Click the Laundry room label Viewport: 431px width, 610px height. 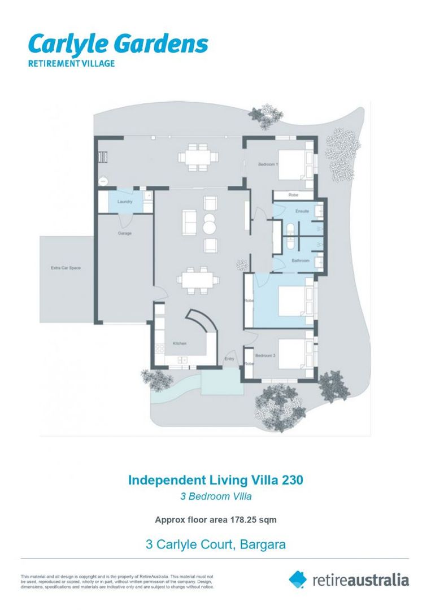click(x=124, y=202)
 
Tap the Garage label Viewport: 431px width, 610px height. click(x=124, y=233)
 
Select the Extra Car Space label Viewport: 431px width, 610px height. click(x=66, y=268)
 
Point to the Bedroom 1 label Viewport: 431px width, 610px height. click(x=268, y=164)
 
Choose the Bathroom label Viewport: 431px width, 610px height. click(x=301, y=260)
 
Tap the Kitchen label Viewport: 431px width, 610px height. click(x=180, y=343)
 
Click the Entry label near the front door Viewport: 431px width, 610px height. click(x=229, y=359)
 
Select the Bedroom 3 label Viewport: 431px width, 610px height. click(x=265, y=356)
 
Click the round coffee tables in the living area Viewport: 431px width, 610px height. click(x=209, y=224)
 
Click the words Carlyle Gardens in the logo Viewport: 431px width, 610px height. click(x=118, y=43)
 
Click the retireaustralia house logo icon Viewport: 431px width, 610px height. click(x=298, y=579)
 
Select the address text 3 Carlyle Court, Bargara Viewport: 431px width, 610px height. click(x=215, y=545)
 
